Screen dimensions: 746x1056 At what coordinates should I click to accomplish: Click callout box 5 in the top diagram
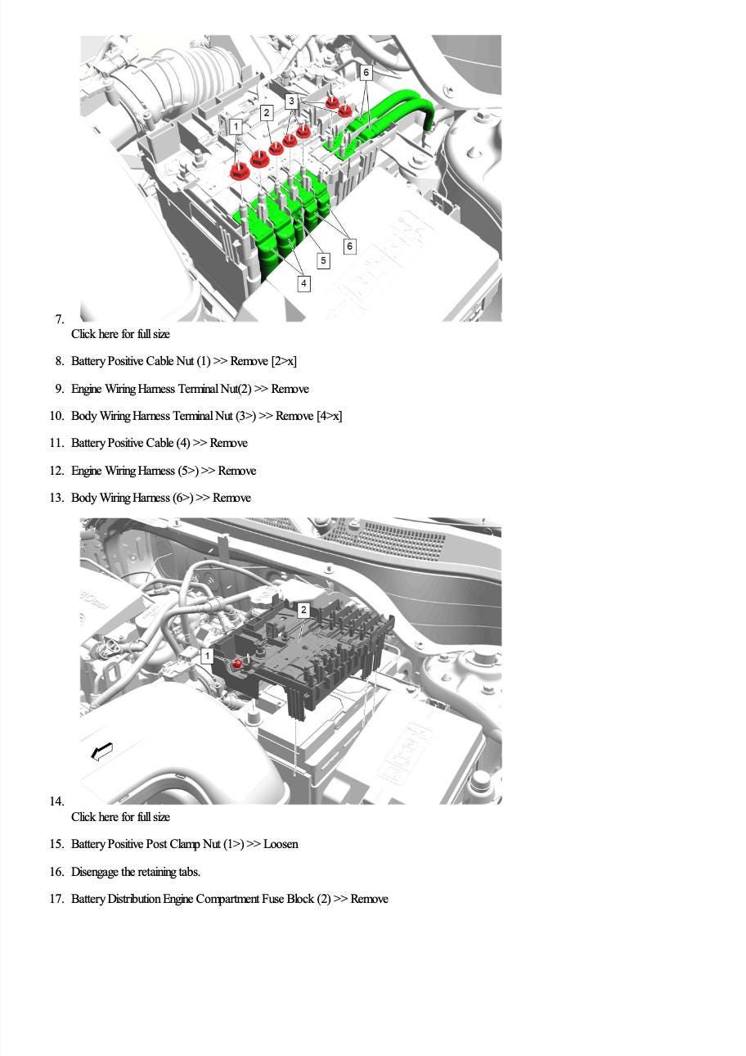pyautogui.click(x=323, y=260)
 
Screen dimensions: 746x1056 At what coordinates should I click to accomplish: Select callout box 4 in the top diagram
pyautogui.click(x=303, y=283)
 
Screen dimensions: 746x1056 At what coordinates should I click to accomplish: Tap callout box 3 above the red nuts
pyautogui.click(x=291, y=101)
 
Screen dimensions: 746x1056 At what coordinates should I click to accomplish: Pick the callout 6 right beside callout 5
pyautogui.click(x=349, y=246)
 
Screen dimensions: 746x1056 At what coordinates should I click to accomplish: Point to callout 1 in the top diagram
pyautogui.click(x=236, y=126)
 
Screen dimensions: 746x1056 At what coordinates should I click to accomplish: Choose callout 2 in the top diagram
pyautogui.click(x=267, y=113)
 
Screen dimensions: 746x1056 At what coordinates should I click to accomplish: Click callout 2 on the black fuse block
pyautogui.click(x=303, y=610)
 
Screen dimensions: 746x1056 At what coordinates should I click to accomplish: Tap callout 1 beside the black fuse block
pyautogui.click(x=207, y=656)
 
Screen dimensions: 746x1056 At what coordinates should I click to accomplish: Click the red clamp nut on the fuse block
pyautogui.click(x=238, y=664)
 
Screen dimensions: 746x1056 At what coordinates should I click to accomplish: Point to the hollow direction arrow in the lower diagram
pyautogui.click(x=101, y=751)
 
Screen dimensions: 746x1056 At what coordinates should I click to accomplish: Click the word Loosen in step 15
pyautogui.click(x=281, y=844)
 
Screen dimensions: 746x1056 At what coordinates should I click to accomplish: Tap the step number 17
pyautogui.click(x=56, y=899)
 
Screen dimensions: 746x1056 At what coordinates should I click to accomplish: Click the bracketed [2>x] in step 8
pyautogui.click(x=284, y=361)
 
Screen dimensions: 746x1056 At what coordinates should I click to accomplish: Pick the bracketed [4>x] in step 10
pyautogui.click(x=330, y=416)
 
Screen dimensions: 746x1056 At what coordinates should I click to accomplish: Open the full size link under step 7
pyautogui.click(x=120, y=334)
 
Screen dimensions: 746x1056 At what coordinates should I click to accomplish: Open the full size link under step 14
pyautogui.click(x=120, y=816)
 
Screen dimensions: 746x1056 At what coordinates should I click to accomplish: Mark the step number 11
pyautogui.click(x=56, y=443)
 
